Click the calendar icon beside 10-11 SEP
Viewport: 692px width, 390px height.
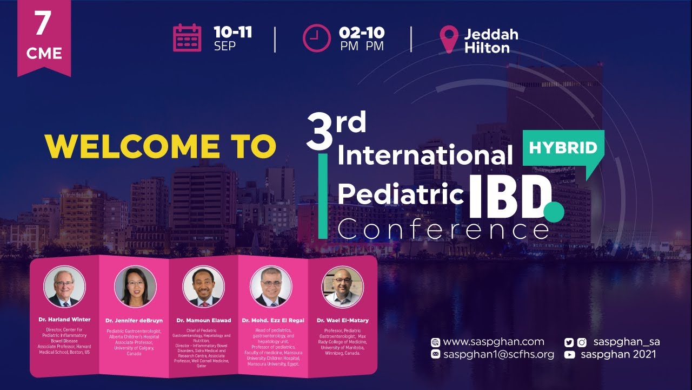point(187,38)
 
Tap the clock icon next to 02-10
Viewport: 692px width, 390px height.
point(316,38)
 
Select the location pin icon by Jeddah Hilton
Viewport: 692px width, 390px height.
point(449,39)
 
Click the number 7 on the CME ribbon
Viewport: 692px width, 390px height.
point(43,24)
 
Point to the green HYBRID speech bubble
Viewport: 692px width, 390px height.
point(563,148)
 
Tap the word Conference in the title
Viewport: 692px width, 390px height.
point(443,230)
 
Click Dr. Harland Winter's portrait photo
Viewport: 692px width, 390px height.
point(64,286)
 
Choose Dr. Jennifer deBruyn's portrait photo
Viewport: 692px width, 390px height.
point(135,286)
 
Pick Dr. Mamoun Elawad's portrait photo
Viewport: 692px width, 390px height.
point(203,286)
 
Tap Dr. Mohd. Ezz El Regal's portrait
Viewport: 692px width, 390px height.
point(271,286)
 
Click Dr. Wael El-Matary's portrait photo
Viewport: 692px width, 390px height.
point(342,286)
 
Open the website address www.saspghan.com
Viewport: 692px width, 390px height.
point(493,342)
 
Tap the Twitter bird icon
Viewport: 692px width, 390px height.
point(569,342)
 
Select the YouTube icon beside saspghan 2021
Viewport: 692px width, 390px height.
point(569,355)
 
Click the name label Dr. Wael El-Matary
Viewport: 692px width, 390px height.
point(342,321)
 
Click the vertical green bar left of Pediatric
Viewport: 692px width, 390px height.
point(323,196)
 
